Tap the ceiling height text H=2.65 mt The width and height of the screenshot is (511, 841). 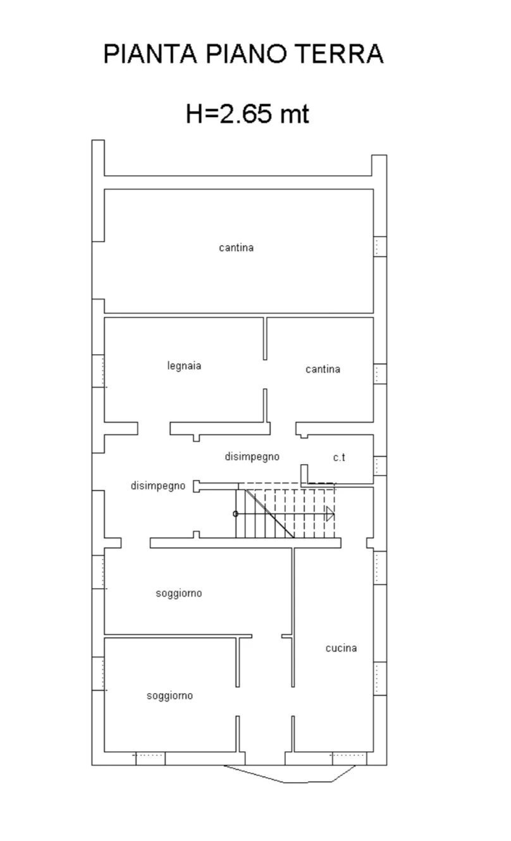click(247, 114)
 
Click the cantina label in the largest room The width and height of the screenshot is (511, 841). click(236, 248)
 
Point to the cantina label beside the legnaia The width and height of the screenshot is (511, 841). click(323, 369)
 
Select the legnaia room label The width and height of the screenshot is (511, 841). click(185, 365)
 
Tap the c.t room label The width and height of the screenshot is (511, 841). click(339, 458)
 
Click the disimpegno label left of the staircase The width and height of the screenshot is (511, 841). click(158, 486)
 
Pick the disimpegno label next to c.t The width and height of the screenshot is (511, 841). click(252, 457)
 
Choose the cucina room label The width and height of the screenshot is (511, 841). click(341, 648)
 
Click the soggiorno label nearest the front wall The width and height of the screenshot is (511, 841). click(169, 696)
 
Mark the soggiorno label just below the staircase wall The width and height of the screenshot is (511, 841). click(179, 593)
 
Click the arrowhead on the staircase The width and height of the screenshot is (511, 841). click(330, 513)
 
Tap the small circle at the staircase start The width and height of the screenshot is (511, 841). click(236, 513)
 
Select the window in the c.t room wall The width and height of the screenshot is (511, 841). click(379, 465)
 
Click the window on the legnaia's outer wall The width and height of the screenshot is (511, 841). click(99, 371)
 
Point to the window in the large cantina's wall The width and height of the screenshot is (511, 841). click(379, 246)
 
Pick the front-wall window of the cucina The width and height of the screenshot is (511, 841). click(348, 758)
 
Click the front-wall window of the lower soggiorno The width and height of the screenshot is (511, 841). click(150, 758)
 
